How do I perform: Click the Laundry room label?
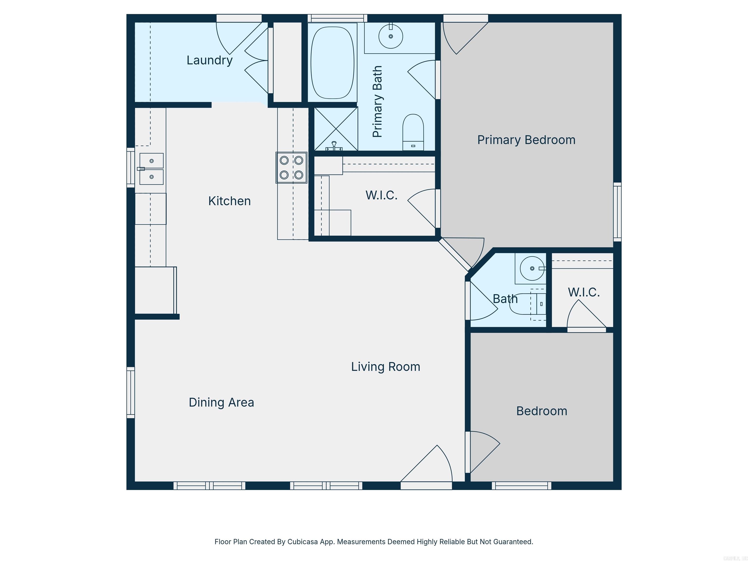[x=209, y=60]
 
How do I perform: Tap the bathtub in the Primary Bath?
[x=332, y=63]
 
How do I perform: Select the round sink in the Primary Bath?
[x=391, y=36]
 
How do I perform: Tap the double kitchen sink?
[x=151, y=169]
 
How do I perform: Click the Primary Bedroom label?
[x=526, y=140]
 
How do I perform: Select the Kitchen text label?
[x=229, y=201]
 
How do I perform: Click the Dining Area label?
[x=221, y=402]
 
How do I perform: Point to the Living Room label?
[x=385, y=366]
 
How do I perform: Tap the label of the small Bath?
[x=505, y=299]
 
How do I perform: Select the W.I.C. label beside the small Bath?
[x=584, y=292]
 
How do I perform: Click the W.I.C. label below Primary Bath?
[x=381, y=195]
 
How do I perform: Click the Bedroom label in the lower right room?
[x=541, y=411]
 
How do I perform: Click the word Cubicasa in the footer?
[x=303, y=542]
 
